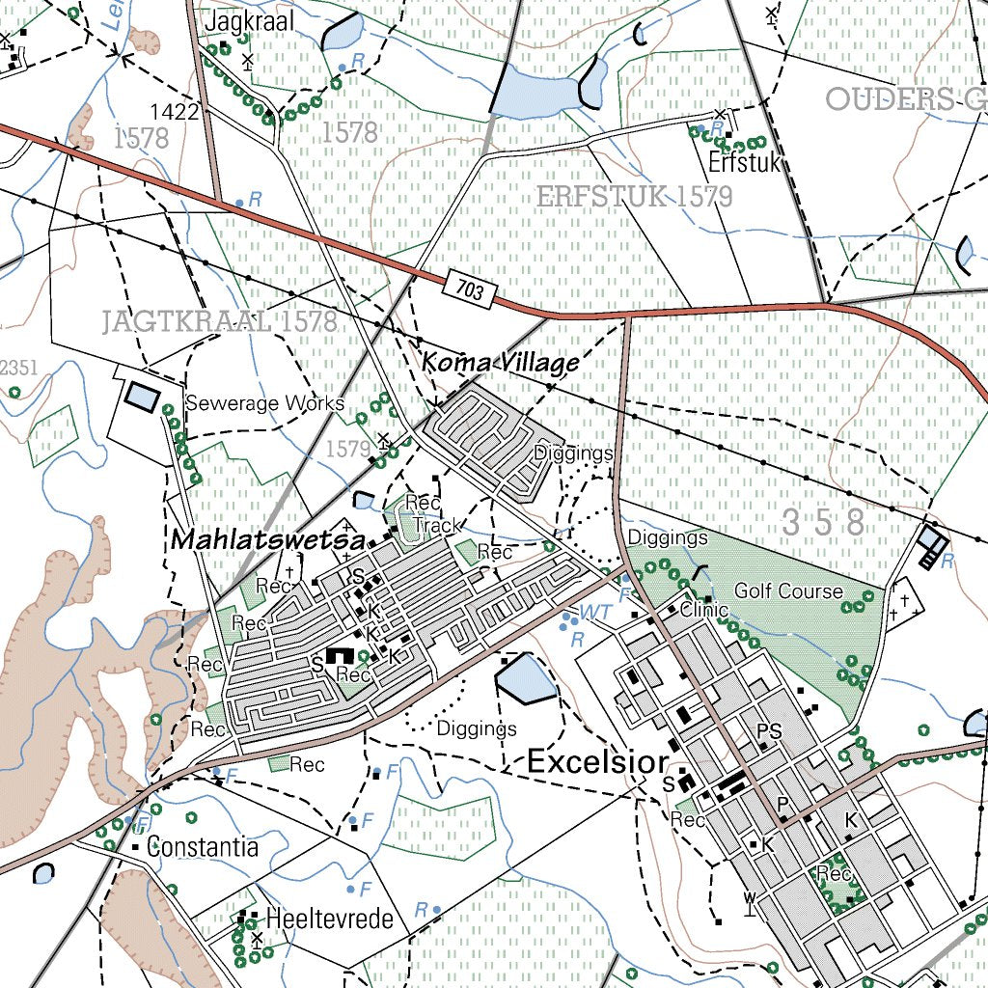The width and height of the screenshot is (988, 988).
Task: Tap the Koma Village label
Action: (x=501, y=363)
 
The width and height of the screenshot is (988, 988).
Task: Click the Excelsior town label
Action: (x=597, y=761)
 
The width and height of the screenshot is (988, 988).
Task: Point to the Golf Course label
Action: (x=788, y=590)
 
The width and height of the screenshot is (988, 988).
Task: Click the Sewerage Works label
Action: (x=264, y=403)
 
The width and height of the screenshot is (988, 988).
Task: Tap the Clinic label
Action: (x=703, y=610)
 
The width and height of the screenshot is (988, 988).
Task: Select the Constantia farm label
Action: (x=203, y=848)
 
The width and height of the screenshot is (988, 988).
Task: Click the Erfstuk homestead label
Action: (x=743, y=162)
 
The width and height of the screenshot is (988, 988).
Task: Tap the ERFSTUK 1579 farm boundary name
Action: (x=634, y=197)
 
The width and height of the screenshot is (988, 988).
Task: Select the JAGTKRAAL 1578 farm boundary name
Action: (x=220, y=321)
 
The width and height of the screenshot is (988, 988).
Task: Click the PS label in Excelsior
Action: (x=769, y=731)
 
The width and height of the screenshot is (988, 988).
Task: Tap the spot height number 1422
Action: (x=175, y=112)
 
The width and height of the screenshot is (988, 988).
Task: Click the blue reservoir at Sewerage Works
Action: (x=142, y=397)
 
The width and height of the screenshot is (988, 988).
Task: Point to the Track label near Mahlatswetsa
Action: (x=435, y=527)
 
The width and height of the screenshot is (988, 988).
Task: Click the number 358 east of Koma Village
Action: (x=823, y=522)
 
